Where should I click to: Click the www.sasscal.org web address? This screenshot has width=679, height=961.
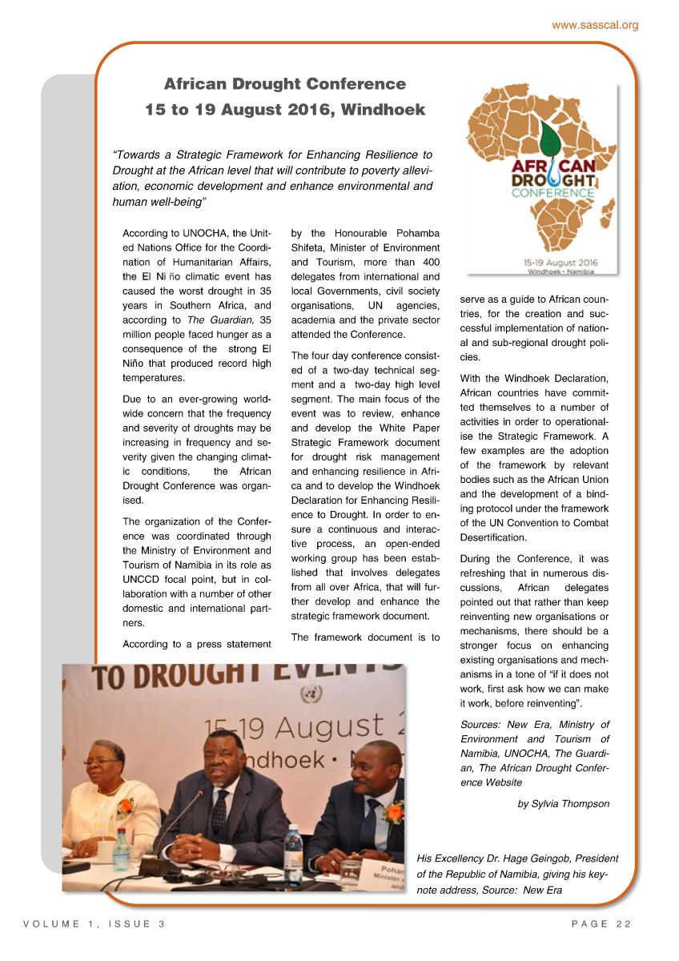coord(595,25)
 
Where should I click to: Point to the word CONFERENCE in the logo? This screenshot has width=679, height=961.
coord(553,193)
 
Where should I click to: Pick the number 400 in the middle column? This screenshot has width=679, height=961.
coord(430,262)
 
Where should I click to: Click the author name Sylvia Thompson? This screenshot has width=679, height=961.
coord(573,803)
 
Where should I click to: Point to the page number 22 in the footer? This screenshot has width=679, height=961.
coord(623,924)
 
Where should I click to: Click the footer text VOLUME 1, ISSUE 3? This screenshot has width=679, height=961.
coord(94,924)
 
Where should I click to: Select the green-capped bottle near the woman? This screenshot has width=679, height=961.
coord(121,849)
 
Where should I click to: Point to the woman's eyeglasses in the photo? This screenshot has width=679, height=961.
coord(101,762)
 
